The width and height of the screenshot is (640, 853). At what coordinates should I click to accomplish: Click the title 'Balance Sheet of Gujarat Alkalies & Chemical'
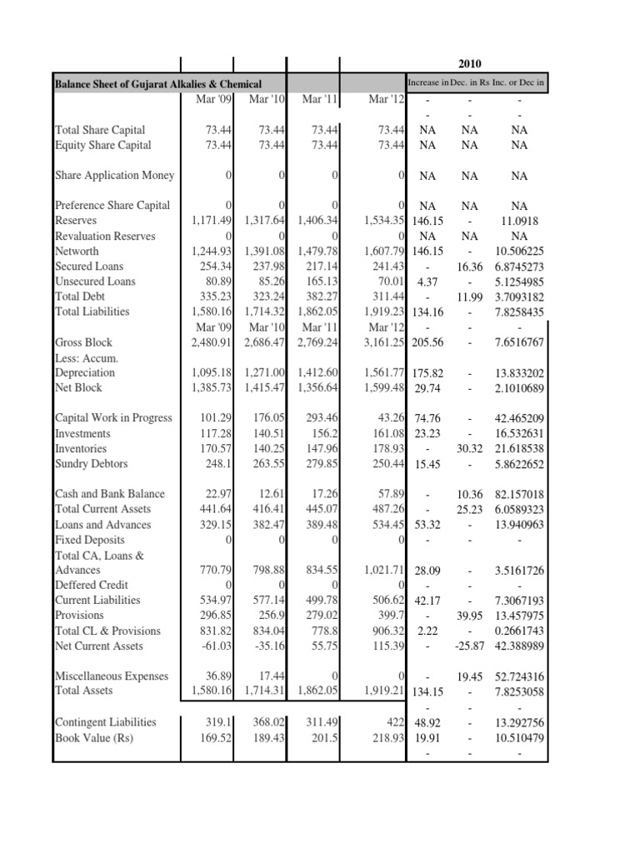[157, 84]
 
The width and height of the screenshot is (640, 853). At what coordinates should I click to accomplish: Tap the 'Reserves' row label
[75, 221]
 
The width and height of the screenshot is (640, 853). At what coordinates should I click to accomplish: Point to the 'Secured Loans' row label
[88, 267]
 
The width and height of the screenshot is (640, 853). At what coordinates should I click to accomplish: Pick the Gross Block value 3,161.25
[384, 342]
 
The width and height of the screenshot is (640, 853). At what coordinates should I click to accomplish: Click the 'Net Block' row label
[78, 388]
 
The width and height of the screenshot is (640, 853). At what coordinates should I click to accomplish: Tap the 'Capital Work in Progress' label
[113, 418]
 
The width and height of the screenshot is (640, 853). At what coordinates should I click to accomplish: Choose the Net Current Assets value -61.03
[215, 646]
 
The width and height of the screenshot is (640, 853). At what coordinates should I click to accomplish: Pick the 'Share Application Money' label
[114, 175]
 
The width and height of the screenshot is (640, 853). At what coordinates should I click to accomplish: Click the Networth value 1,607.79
[384, 252]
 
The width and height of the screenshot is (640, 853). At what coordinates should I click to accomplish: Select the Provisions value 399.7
[390, 616]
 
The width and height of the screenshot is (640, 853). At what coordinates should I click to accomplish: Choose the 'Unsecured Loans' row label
[94, 282]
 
